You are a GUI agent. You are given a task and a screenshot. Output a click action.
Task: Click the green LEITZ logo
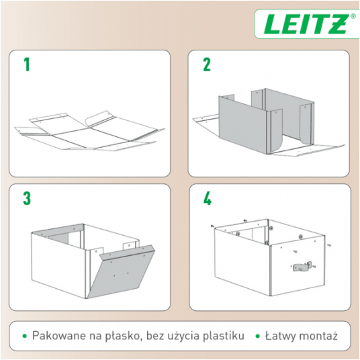click(306, 24)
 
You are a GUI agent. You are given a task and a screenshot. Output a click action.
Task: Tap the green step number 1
click(27, 64)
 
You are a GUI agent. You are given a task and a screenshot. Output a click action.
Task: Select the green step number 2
click(207, 64)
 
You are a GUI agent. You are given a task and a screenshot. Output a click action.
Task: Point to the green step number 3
click(27, 198)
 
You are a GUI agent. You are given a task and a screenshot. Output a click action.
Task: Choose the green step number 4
click(207, 198)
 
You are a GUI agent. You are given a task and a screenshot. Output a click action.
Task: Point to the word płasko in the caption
click(122, 336)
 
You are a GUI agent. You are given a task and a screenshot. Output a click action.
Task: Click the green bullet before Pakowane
click(25, 336)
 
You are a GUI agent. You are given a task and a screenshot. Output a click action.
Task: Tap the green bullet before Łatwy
click(258, 336)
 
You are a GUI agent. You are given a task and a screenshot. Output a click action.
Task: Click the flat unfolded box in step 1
click(89, 132)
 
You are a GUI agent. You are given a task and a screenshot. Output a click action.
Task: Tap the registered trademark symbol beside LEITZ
click(353, 16)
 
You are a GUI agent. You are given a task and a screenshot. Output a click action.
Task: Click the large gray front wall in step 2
click(243, 124)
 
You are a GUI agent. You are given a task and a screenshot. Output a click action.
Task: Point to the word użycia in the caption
click(185, 336)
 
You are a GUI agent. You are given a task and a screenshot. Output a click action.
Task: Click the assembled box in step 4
click(270, 257)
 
